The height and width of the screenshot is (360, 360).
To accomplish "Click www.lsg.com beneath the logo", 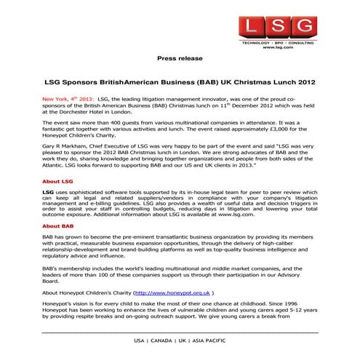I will (279, 51).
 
